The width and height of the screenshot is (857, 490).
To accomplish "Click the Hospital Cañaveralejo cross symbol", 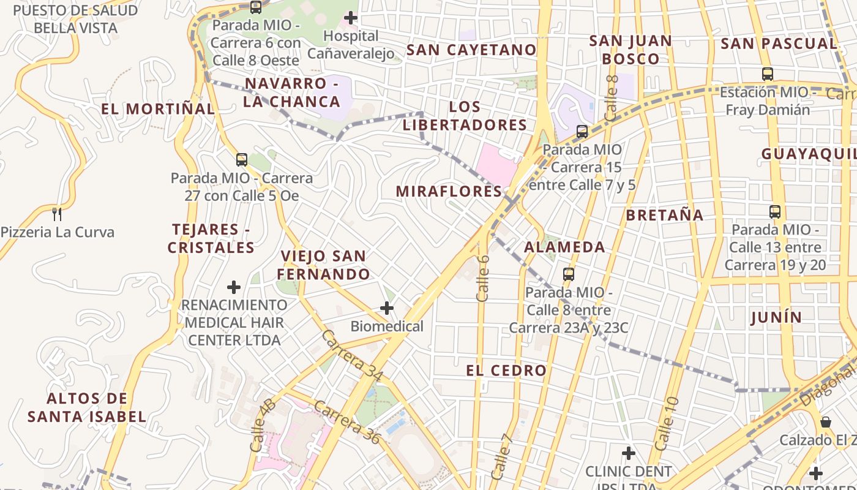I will pyautogui.click(x=351, y=18).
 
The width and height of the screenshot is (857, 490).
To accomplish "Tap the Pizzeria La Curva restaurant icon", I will pyautogui.click(x=57, y=214).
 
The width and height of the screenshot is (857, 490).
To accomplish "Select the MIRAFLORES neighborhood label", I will pyautogui.click(x=449, y=191).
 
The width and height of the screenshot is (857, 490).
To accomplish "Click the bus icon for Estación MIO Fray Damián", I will pyautogui.click(x=768, y=74).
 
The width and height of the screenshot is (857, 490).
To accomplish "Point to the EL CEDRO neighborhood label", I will pyautogui.click(x=506, y=371).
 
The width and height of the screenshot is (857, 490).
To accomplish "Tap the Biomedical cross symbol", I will pyautogui.click(x=387, y=307).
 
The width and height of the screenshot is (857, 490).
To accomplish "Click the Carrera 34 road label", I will pyautogui.click(x=351, y=355).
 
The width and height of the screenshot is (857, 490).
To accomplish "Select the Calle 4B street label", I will pyautogui.click(x=263, y=425).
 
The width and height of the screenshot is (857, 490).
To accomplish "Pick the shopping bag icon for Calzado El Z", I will pyautogui.click(x=826, y=422).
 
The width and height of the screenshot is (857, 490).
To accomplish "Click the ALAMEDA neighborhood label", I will pyautogui.click(x=564, y=247).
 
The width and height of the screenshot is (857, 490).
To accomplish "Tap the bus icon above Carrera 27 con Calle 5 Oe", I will pyautogui.click(x=242, y=160).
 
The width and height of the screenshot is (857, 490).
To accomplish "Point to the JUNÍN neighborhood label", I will pyautogui.click(x=776, y=317).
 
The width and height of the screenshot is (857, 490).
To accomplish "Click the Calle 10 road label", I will pyautogui.click(x=667, y=424).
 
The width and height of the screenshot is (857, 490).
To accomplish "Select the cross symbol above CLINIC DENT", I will pyautogui.click(x=629, y=453).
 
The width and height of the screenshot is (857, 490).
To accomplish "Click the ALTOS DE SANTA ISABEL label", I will pyautogui.click(x=87, y=408).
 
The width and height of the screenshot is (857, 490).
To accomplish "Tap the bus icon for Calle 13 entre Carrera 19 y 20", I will pyautogui.click(x=775, y=212).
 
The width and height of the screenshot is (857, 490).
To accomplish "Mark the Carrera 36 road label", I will pyautogui.click(x=347, y=422).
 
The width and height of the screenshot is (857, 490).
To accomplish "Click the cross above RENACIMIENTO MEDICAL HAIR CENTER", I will pyautogui.click(x=234, y=287).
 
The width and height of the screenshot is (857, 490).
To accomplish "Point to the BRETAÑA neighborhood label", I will pyautogui.click(x=664, y=215).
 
